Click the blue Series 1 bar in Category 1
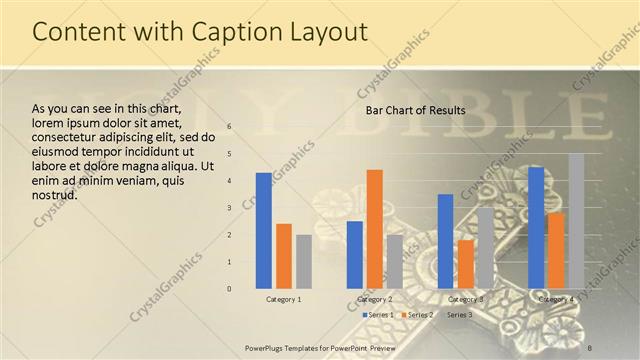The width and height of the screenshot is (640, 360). point(263,231)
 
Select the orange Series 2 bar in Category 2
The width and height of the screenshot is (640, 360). point(374,229)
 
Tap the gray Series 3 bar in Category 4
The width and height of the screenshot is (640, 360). point(576,221)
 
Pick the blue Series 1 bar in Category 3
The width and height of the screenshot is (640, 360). point(445,241)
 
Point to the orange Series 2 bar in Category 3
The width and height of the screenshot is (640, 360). point(465,264)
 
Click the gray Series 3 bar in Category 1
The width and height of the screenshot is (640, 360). point(304,262)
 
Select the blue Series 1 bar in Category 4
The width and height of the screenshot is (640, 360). point(536,228)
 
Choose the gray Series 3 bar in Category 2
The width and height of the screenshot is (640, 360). point(395,262)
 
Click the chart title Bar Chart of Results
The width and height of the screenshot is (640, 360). point(415,110)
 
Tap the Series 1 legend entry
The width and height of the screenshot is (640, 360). point(378,315)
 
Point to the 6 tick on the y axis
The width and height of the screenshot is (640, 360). point(229,127)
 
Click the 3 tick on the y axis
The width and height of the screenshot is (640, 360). point(229,208)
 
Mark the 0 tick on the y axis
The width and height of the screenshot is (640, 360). point(229,289)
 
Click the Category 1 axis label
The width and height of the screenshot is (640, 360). point(284,299)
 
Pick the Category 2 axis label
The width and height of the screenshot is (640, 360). point(374,299)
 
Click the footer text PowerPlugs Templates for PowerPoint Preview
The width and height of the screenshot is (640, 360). point(320,347)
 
